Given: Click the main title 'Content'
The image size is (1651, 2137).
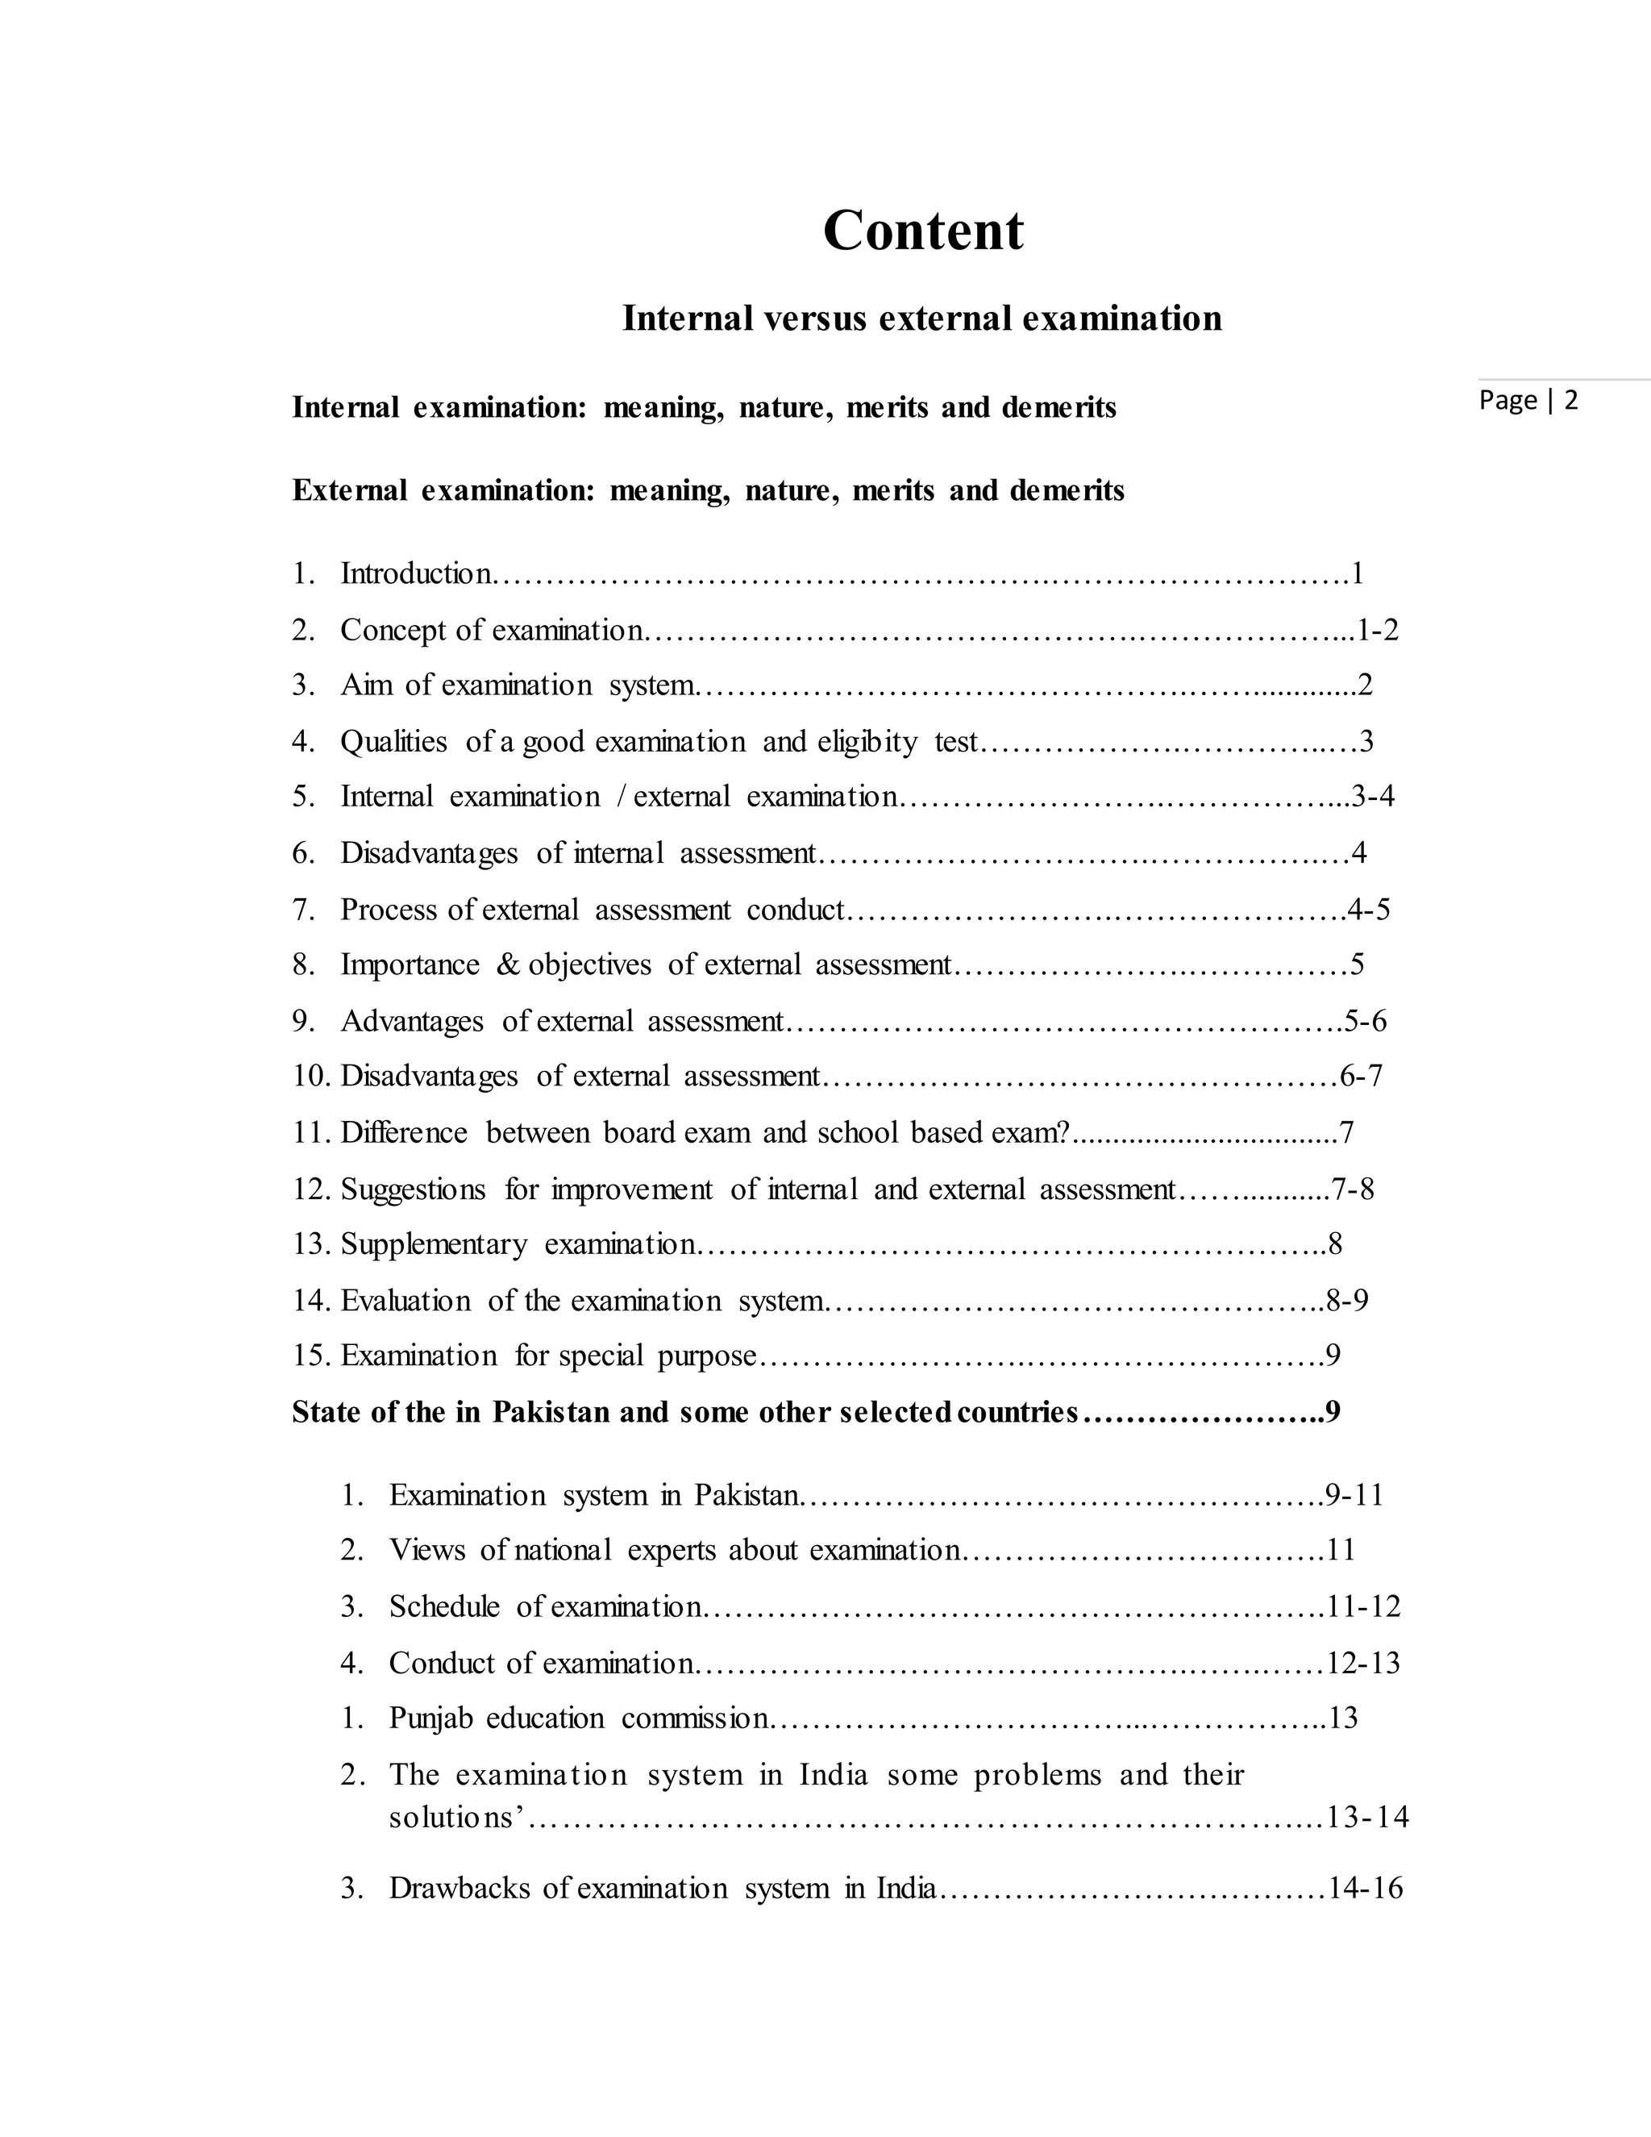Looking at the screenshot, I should point(923,231).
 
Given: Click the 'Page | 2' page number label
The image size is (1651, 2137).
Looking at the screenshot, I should point(1528,400).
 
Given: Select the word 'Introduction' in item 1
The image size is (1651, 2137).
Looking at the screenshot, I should point(416,573).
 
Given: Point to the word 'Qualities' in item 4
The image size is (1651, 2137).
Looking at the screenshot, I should point(393,742).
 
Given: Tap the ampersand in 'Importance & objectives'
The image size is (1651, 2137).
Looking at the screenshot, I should point(508,964).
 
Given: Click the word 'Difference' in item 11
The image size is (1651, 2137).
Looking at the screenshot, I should point(404,1133).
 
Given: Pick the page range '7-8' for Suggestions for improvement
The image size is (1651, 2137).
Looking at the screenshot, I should point(1353,1189).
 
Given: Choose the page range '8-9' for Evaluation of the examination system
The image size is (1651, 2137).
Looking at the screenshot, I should point(1348,1301).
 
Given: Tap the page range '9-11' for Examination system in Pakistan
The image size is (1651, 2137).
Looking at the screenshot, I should point(1354,1495).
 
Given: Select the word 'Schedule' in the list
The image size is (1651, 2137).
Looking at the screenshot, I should point(444,1606).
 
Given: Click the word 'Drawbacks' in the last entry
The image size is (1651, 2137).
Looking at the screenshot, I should point(462,1888).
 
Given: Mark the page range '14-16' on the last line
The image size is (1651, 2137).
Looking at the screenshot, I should point(1366,1888).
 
